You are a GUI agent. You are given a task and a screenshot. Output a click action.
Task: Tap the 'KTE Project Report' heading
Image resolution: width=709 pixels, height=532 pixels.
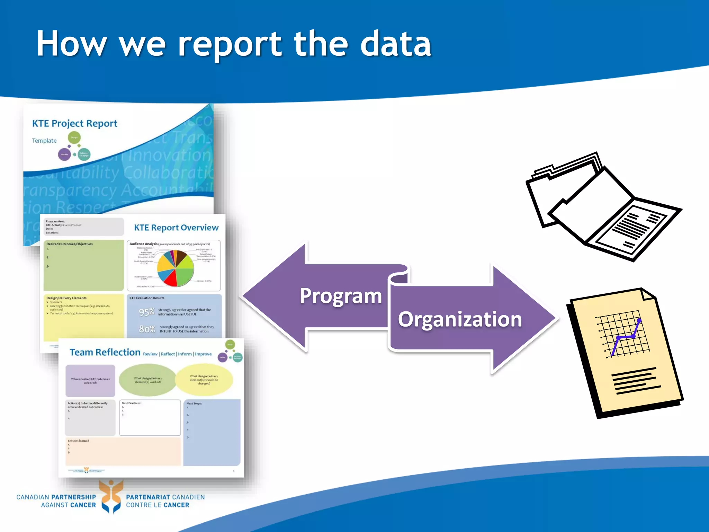(74, 124)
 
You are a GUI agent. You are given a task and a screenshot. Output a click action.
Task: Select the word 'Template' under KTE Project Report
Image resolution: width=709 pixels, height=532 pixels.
(44, 141)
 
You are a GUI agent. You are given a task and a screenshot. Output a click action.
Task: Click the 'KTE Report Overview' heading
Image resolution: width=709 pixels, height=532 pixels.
(176, 228)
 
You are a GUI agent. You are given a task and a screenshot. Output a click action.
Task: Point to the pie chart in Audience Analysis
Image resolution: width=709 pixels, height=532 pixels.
(175, 268)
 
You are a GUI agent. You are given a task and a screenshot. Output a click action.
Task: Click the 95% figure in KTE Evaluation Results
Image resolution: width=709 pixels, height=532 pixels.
(147, 312)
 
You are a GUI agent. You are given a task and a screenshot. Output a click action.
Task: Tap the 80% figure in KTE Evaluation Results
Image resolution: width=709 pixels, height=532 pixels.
(147, 329)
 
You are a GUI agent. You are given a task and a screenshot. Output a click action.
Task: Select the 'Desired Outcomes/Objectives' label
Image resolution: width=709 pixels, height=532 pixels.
(70, 244)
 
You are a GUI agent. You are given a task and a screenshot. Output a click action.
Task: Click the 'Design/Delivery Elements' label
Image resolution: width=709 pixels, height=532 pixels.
(66, 298)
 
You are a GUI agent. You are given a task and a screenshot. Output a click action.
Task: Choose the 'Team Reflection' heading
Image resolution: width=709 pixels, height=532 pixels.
(105, 352)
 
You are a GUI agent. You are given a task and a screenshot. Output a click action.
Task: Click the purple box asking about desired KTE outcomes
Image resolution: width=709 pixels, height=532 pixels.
(90, 381)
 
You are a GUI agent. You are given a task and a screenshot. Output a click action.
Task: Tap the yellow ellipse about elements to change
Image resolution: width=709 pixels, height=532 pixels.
(204, 380)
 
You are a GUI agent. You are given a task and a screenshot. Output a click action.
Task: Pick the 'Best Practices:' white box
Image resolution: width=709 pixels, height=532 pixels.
(150, 418)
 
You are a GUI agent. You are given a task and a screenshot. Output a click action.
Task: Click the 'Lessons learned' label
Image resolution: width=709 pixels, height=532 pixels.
(79, 441)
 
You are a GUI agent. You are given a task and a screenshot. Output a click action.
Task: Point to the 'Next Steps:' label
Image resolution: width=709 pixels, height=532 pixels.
(194, 404)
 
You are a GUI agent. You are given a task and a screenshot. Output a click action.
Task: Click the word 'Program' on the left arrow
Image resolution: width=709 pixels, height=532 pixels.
(341, 296)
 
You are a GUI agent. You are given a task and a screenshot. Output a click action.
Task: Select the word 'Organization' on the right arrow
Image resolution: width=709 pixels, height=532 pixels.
(460, 319)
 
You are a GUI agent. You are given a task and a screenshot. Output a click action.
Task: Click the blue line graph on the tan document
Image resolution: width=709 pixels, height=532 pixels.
(625, 338)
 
